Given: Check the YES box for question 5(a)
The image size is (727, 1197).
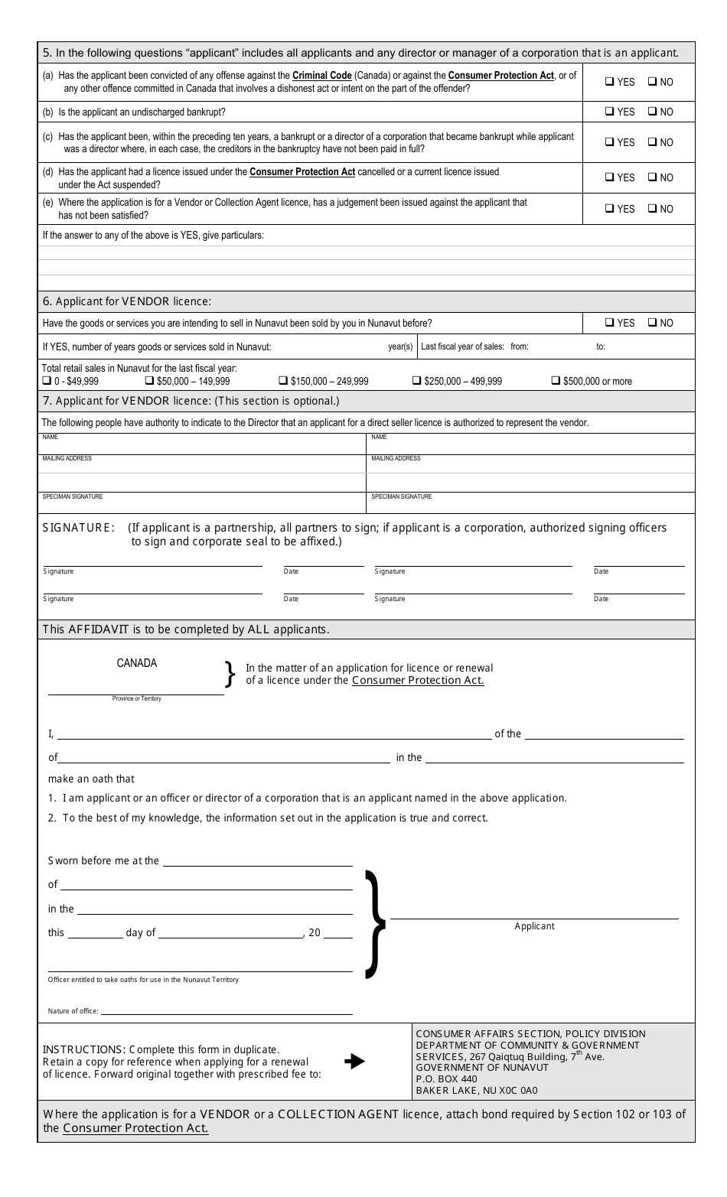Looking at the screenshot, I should pos(610,82).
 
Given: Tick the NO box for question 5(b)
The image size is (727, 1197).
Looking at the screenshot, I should pos(653,112).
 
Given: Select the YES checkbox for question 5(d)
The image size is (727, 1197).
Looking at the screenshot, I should pos(610,177).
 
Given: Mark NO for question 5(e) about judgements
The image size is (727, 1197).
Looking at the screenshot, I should pos(653,209).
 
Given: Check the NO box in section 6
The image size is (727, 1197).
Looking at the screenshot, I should pos(653,323).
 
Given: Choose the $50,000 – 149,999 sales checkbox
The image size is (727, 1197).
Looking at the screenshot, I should pos(150,381).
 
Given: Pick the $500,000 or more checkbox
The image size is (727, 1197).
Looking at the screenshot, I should pos(556,381).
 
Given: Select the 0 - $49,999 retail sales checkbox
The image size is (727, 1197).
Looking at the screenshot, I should pos(47,381).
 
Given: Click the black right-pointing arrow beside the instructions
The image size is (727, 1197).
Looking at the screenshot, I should pos(354,1062).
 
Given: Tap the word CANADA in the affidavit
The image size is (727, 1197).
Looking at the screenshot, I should pos(137,663).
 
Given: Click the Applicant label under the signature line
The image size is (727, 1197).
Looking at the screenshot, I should pos(534,926).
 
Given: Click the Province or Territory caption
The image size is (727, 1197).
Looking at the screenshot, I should pos(137,698).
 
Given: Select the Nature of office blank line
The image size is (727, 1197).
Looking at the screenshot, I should pos(227,1010).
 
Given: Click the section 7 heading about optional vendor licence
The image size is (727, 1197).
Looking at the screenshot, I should pos(191,401).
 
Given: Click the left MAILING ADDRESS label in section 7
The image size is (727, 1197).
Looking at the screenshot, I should pos(67,458).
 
